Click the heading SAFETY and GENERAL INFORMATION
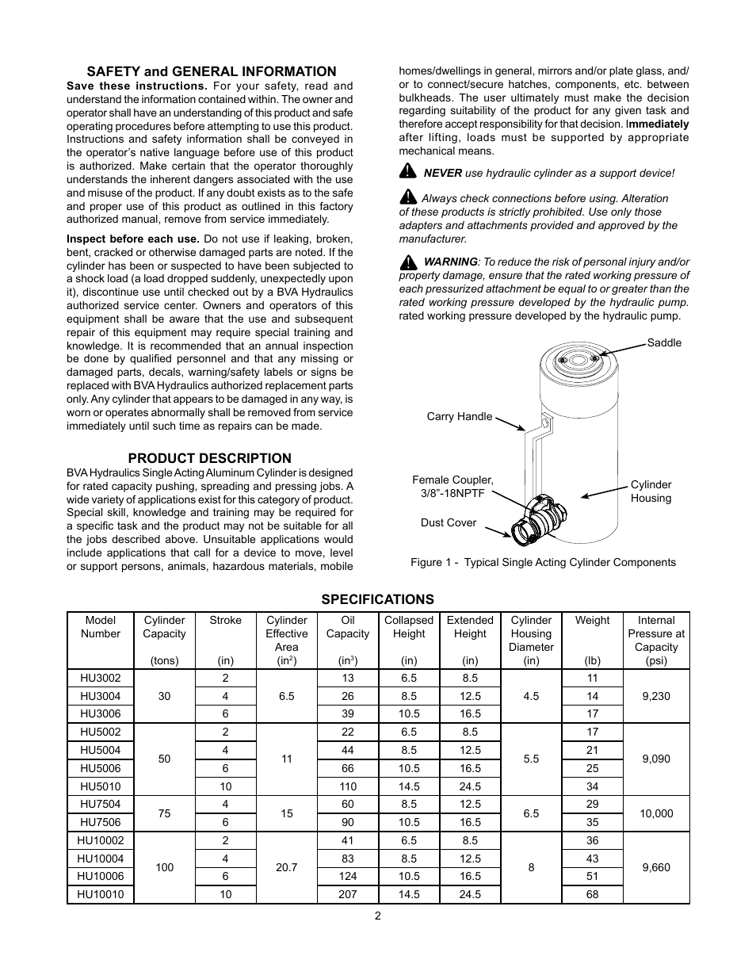pos(211,71)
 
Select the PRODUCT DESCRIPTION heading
pos(209,458)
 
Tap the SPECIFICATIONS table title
pos(377,599)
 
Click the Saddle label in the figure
pos(664,342)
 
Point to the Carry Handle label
pos(459,416)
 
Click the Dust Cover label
pos(448,522)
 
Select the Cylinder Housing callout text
pos(651,491)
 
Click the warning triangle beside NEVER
pos(407,171)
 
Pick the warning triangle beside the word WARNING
pos(408,262)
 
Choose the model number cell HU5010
pos(100,786)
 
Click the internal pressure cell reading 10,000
pos(656,813)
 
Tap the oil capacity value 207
pos(348,894)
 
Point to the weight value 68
pos(592,894)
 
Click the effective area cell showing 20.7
pos(286,867)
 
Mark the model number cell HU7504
pos(100,804)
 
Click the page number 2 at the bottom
pos(378,916)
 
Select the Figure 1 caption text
pos(543,562)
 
